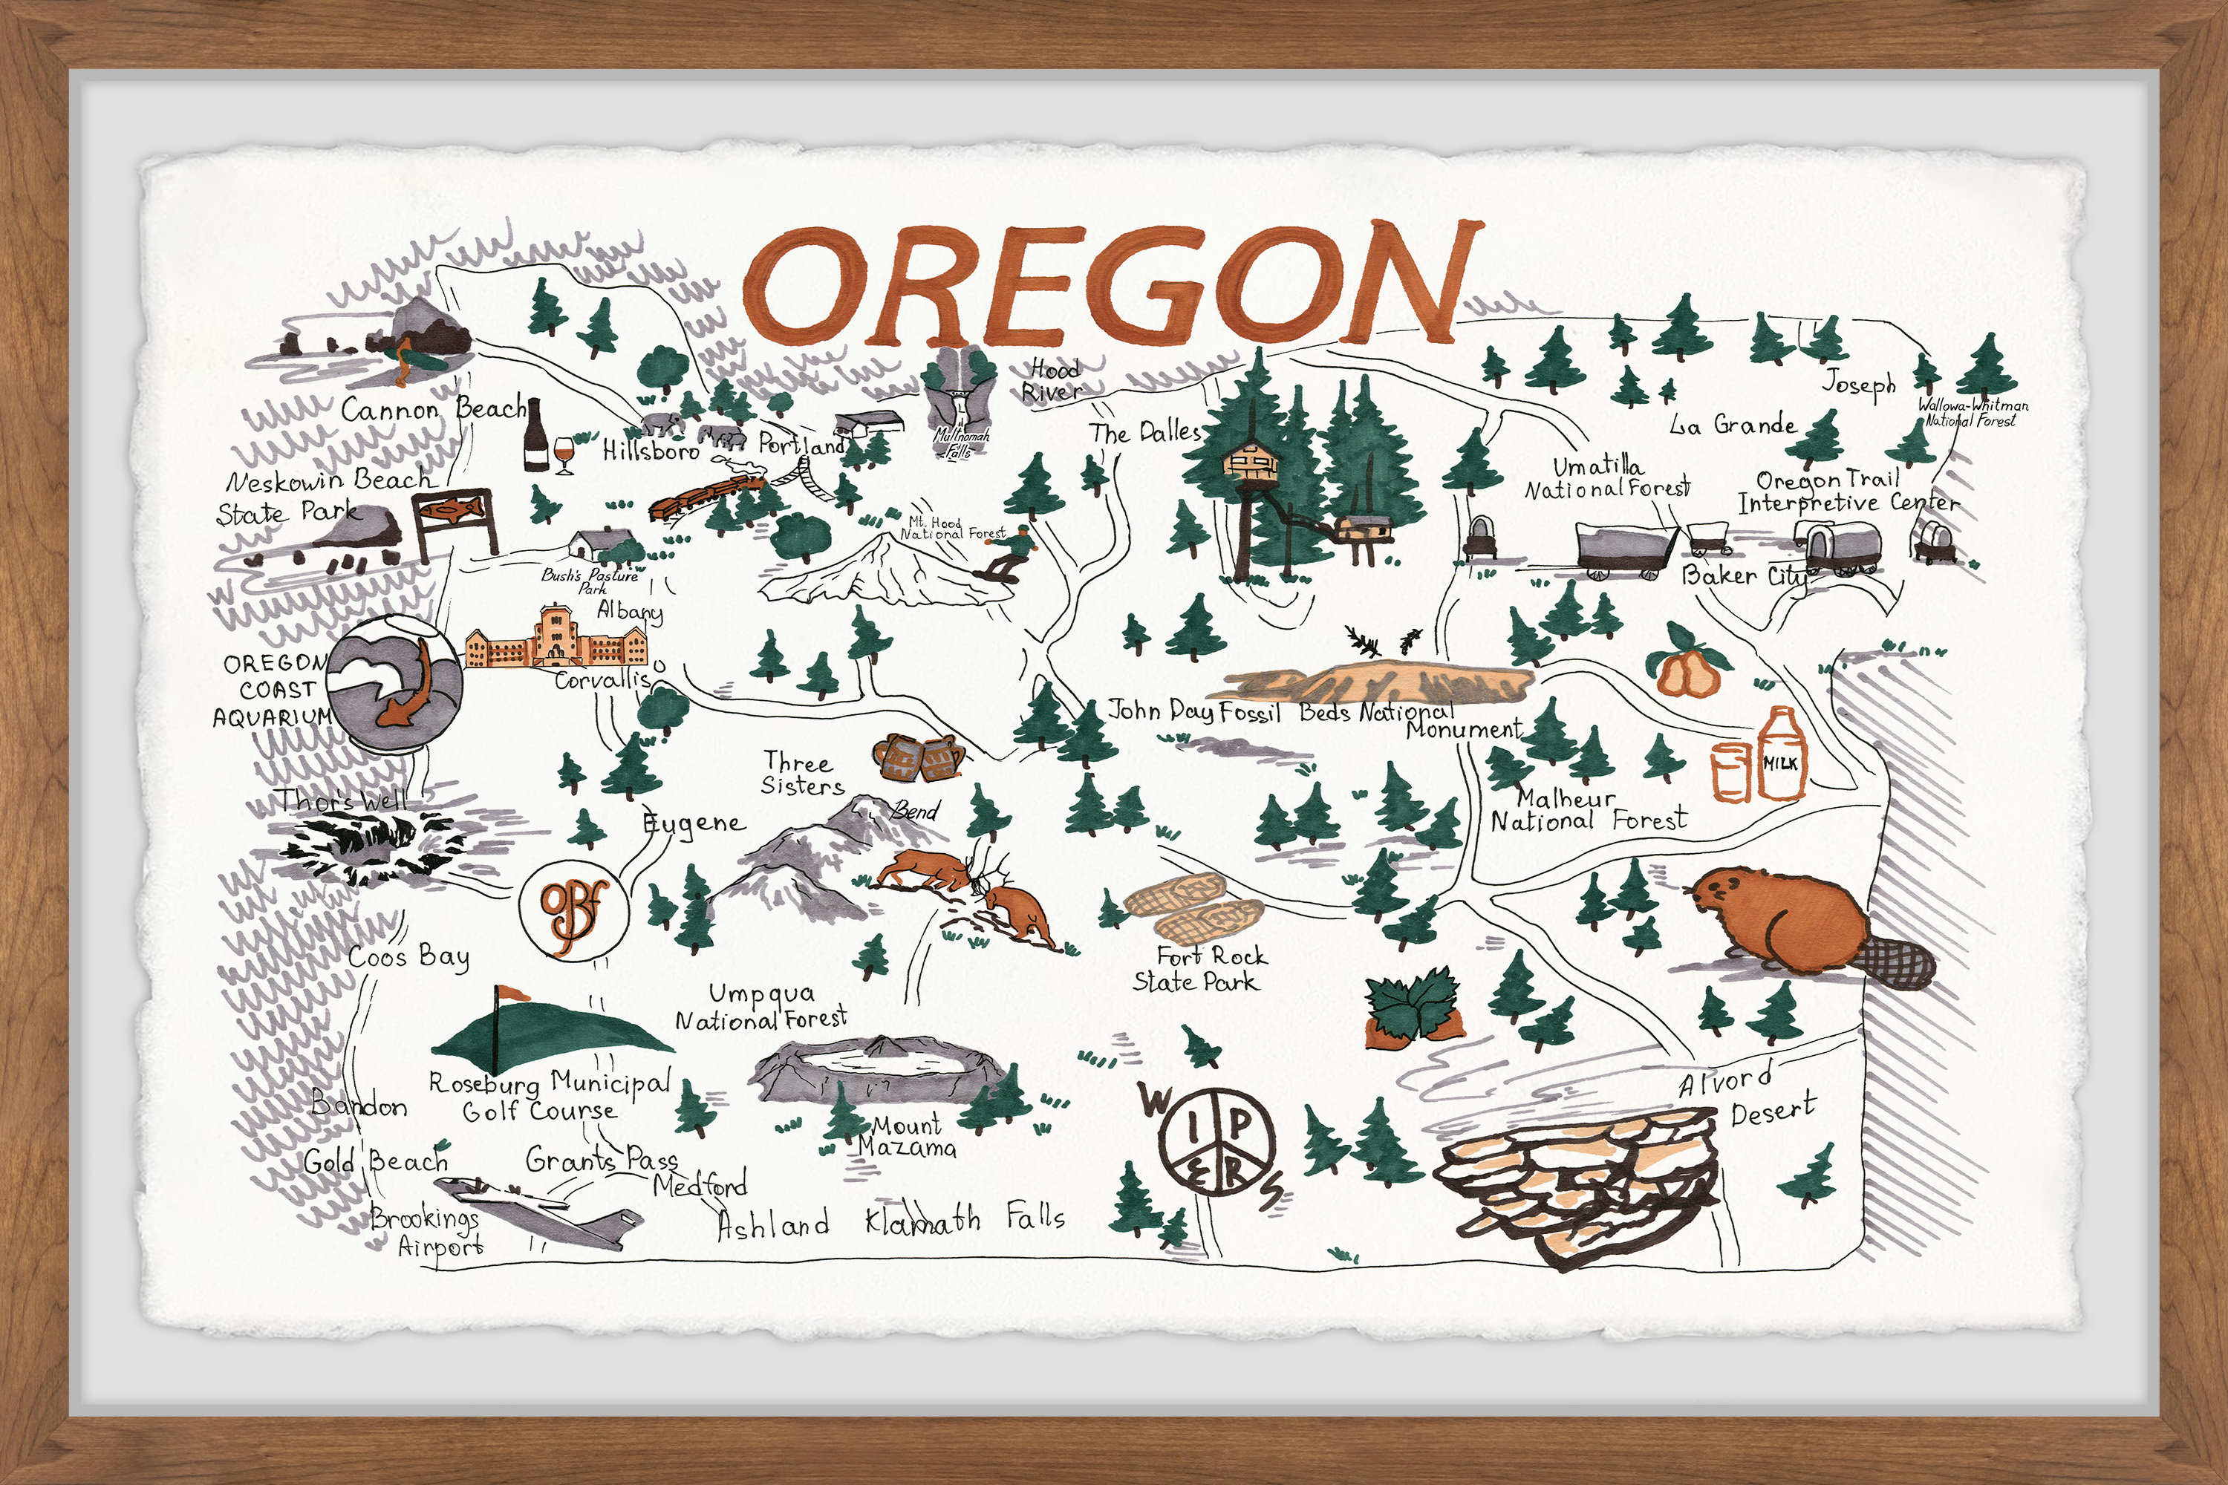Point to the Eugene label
[x=694, y=823]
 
